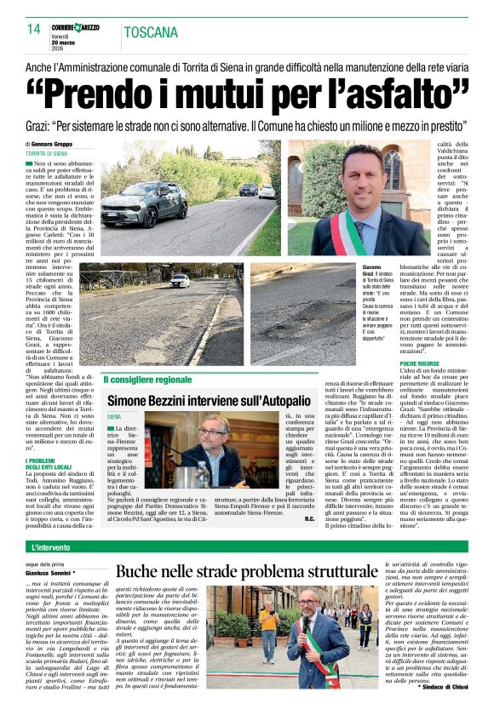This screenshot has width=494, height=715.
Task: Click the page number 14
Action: pos(33,29)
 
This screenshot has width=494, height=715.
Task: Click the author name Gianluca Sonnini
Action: pos(49,572)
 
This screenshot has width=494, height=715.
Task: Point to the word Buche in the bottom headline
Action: pos(145,573)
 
